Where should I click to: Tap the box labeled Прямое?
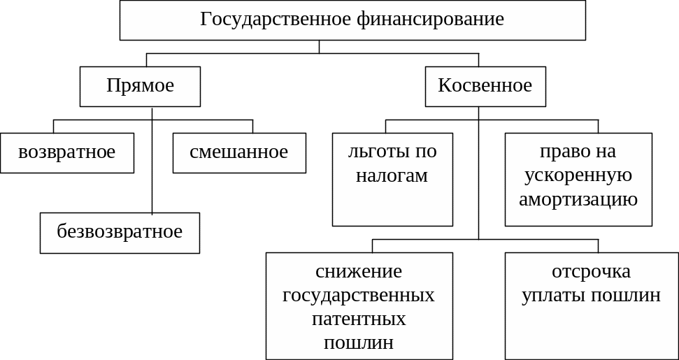[140, 86]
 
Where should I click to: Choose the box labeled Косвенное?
[485, 86]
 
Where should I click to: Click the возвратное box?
[66, 152]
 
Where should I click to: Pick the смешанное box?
[238, 152]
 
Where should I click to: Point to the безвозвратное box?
[120, 231]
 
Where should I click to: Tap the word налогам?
[392, 175]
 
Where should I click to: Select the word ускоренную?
[578, 175]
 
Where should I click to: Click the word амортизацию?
[578, 199]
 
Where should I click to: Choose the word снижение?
[359, 271]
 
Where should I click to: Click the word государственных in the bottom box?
[359, 295]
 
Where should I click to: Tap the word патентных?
[359, 319]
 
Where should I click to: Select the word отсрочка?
[591, 271]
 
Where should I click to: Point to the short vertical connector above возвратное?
[54, 127]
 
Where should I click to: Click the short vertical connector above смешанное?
[252, 127]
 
